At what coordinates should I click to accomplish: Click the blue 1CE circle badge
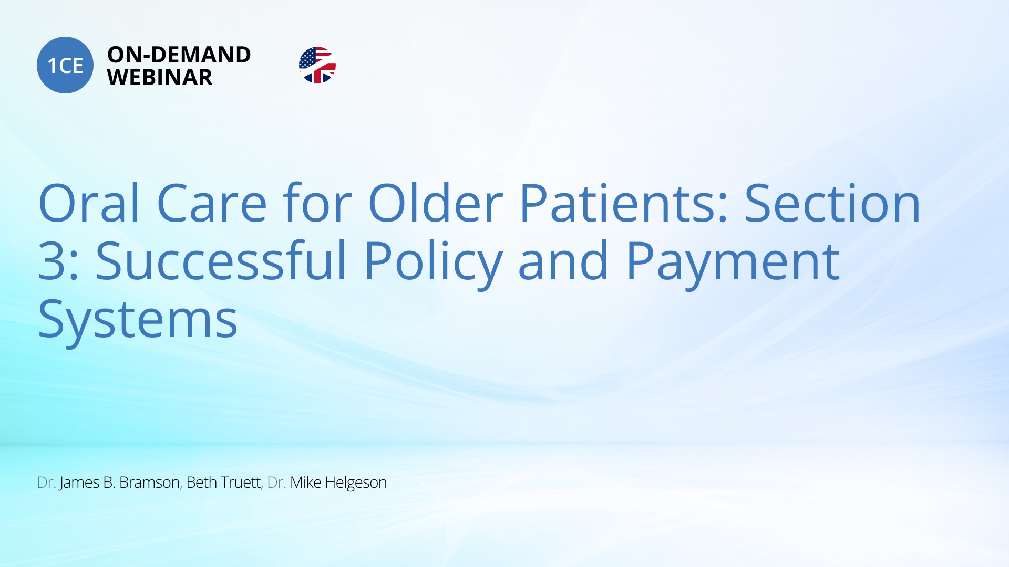[x=65, y=65]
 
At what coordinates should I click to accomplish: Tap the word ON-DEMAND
[x=179, y=55]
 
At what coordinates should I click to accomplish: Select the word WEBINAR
[x=160, y=78]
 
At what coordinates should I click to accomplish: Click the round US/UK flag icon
[x=317, y=65]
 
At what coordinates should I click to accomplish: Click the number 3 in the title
[x=52, y=260]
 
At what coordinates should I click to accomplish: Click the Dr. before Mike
[x=276, y=482]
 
